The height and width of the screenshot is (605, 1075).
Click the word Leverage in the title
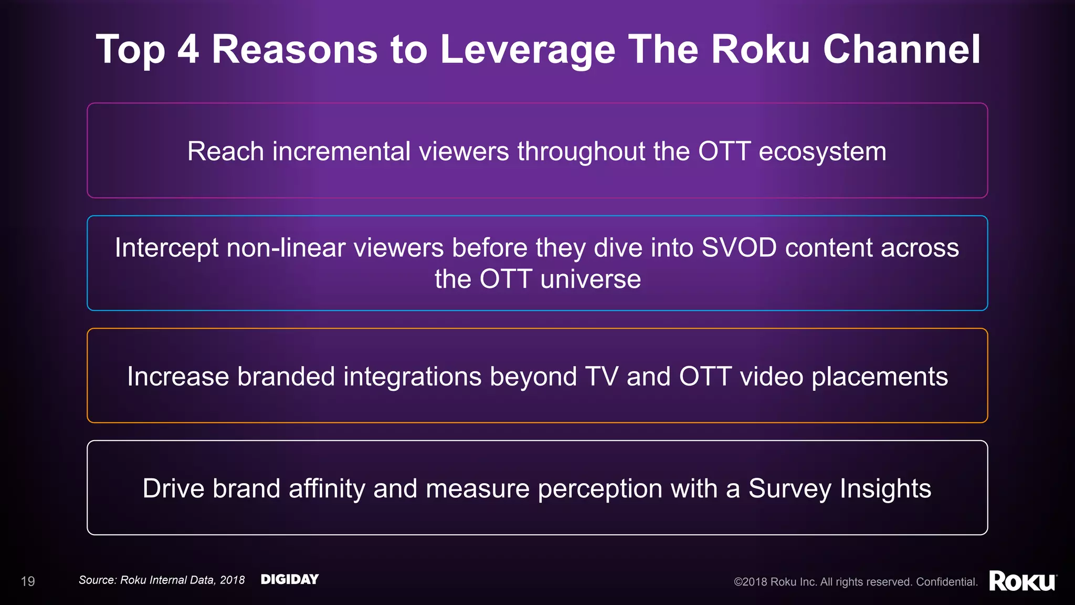point(527,50)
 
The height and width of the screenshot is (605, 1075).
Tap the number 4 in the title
point(188,50)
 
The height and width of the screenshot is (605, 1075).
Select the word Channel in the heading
point(901,50)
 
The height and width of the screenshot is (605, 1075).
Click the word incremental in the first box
point(341,151)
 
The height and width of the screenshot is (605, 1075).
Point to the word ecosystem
point(822,151)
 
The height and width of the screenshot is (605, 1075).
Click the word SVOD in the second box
point(739,247)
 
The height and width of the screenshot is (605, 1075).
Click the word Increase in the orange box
point(178,377)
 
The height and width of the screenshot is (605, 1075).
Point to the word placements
point(879,377)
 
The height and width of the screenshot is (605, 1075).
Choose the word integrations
point(412,377)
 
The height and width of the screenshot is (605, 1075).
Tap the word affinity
point(326,488)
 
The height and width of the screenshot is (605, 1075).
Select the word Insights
point(885,488)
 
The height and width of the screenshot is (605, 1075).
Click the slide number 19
point(28,581)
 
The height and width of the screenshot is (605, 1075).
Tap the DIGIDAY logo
point(290,579)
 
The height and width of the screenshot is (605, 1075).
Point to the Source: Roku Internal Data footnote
point(162,580)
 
